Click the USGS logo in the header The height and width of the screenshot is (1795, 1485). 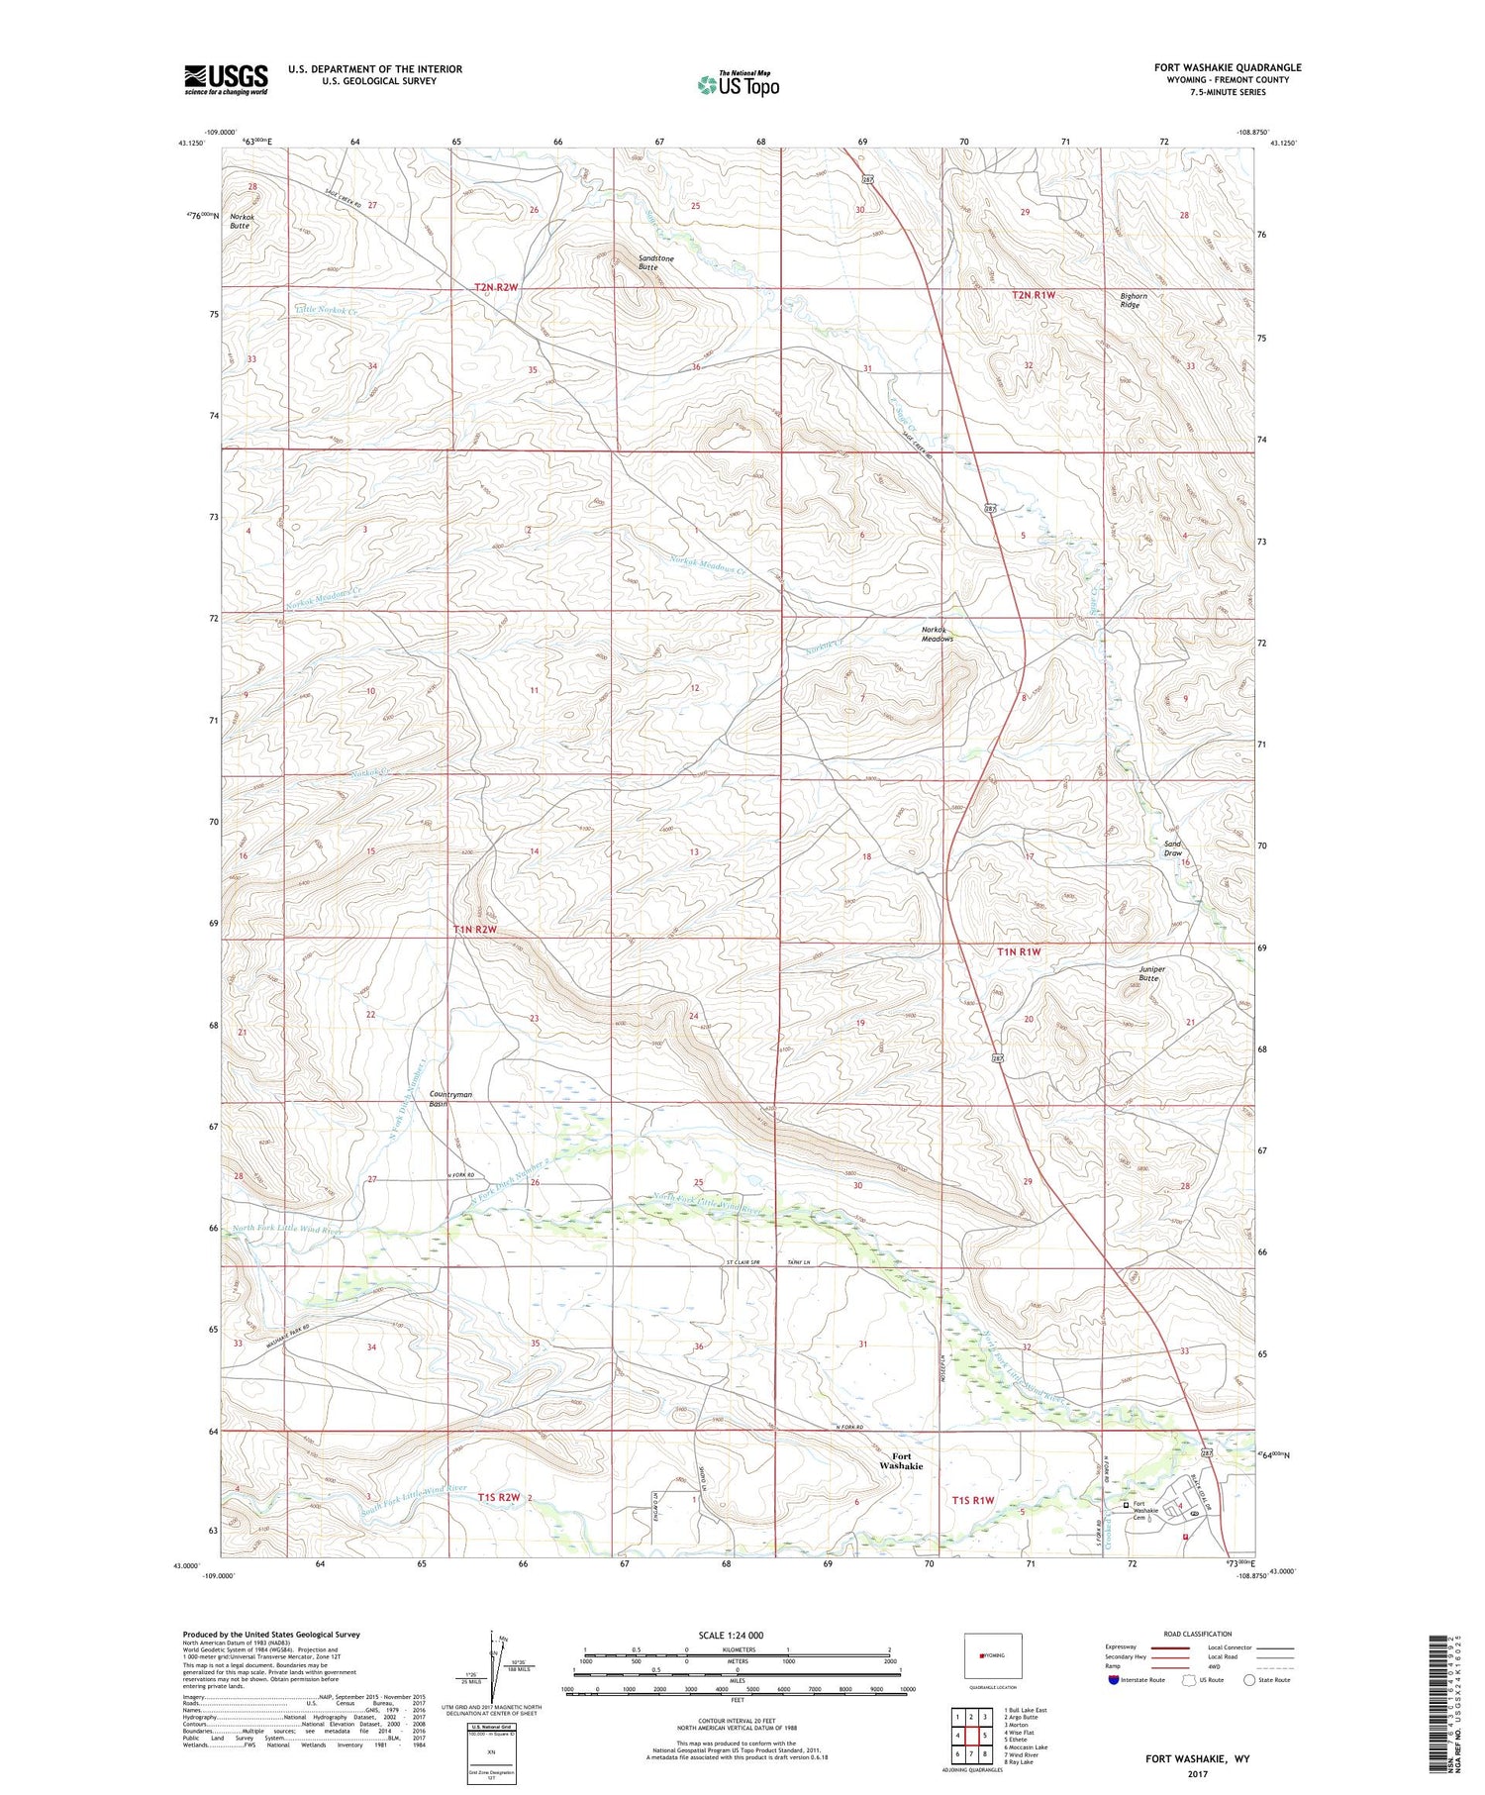point(226,79)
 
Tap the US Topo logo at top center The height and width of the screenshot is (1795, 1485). point(739,84)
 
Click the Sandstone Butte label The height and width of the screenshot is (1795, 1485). point(655,263)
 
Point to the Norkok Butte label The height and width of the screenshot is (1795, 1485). point(241,221)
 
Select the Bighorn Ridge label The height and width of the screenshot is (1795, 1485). point(1133,300)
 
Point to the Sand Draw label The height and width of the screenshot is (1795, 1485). point(1172,848)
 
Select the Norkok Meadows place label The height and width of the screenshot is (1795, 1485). point(938,635)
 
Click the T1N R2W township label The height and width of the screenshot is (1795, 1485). point(474,930)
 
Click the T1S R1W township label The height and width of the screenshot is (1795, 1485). point(972,1500)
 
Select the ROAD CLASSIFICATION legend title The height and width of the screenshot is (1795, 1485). point(1198,1634)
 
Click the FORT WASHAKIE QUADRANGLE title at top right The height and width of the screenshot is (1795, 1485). point(1227,67)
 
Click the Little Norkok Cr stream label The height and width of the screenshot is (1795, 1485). point(327,310)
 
